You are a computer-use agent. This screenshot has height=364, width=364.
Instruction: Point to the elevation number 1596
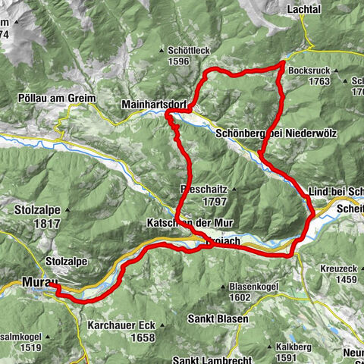[x=177, y=62]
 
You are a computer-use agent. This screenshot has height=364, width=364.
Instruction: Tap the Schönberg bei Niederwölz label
[x=275, y=132]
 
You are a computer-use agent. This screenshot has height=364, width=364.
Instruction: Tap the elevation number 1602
[x=240, y=298]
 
